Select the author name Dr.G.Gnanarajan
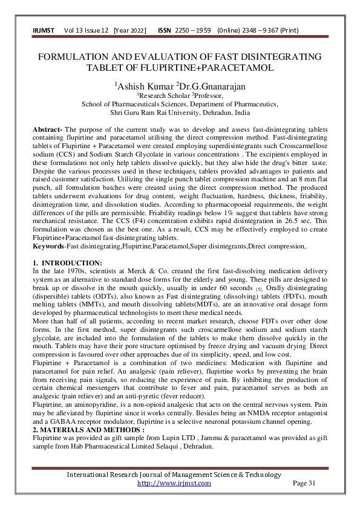(x=209, y=85)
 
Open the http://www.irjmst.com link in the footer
(x=174, y=483)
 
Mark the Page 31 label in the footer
(x=304, y=483)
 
